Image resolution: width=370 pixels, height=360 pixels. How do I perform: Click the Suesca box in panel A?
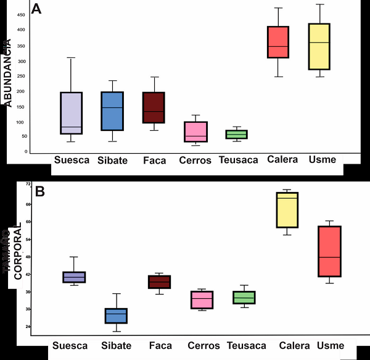point(72,113)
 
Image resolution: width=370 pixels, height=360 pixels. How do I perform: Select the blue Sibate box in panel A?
point(112,111)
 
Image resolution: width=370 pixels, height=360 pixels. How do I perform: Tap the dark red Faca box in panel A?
point(153,107)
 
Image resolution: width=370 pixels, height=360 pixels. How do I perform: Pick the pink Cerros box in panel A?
point(195,132)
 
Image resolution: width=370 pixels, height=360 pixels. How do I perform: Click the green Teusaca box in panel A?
point(236,134)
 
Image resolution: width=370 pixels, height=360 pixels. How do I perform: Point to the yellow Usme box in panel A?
point(319,46)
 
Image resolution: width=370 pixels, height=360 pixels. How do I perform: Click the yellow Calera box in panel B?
point(287,210)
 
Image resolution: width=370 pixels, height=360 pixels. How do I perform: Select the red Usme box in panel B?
point(329,251)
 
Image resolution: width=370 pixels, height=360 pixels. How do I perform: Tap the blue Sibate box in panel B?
point(116,316)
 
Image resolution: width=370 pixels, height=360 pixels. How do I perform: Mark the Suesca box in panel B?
point(74,277)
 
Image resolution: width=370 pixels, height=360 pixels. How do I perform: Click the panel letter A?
point(36,9)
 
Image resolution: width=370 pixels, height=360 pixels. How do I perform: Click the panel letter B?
point(39,191)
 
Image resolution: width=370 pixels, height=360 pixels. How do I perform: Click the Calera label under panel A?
point(283,159)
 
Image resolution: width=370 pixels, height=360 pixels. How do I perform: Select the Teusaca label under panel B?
point(247,345)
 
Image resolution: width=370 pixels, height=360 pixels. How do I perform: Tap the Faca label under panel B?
point(160,345)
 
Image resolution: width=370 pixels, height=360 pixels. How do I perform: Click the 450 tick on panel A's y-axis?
point(21,14)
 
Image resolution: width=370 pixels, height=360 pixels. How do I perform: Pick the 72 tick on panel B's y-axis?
point(27,184)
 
